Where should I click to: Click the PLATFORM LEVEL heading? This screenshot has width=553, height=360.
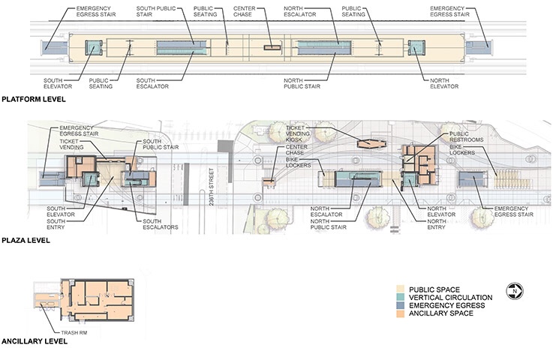(34, 100)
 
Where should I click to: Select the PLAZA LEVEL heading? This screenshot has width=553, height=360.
(26, 241)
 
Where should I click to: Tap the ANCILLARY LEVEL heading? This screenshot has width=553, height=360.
(35, 341)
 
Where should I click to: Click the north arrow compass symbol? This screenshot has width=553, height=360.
(515, 291)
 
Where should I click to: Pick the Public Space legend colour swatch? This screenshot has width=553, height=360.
(400, 289)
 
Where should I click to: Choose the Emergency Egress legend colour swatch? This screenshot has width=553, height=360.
(400, 305)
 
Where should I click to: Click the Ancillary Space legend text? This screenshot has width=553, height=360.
(441, 313)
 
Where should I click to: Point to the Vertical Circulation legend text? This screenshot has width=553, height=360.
(451, 298)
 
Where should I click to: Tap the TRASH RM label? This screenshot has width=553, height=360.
(74, 332)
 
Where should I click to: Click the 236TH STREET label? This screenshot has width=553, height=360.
(212, 187)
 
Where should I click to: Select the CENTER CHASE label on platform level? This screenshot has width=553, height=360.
(244, 11)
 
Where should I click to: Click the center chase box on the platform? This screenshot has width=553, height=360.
(273, 47)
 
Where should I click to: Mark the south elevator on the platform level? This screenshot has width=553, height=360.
(94, 47)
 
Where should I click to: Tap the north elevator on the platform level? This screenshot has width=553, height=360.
(416, 47)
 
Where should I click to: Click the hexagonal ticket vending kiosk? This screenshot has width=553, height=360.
(371, 144)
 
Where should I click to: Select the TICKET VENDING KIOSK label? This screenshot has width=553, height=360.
(298, 133)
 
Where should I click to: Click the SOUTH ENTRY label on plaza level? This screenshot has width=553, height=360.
(56, 224)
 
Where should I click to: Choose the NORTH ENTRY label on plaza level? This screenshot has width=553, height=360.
(437, 224)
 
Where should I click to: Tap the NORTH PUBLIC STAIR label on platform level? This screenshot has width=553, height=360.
(302, 83)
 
